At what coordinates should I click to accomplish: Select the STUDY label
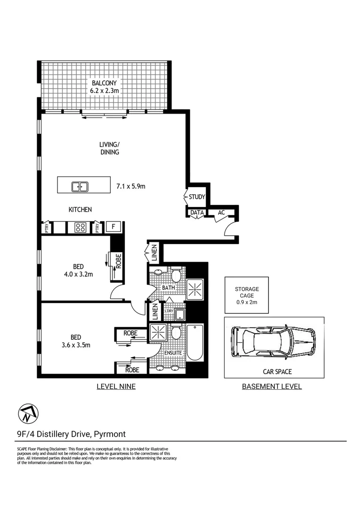(x=196, y=197)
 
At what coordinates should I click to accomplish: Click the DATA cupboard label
(x=197, y=213)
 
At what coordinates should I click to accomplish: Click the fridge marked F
(x=113, y=227)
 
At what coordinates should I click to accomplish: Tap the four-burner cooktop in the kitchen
(x=80, y=227)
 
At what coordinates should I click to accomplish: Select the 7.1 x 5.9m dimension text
(x=131, y=187)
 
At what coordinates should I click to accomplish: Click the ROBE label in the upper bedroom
(x=118, y=260)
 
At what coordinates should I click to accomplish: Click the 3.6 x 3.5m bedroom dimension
(x=76, y=345)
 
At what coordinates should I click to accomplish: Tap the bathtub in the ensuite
(x=194, y=343)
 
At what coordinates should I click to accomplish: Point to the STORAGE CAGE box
(x=246, y=296)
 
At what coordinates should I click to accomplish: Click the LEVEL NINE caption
(x=116, y=386)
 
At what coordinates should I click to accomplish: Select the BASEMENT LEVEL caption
(x=271, y=386)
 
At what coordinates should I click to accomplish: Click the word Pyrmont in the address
(x=109, y=434)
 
